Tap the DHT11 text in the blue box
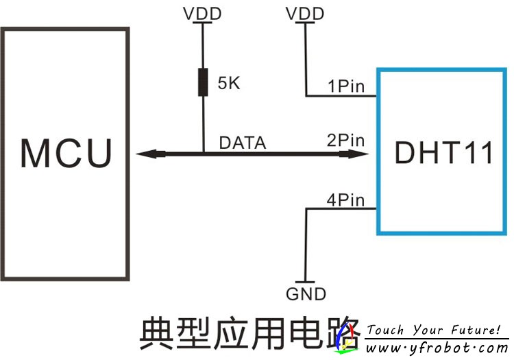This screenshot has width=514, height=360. pyautogui.click(x=443, y=152)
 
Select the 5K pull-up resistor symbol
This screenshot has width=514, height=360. pyautogui.click(x=203, y=82)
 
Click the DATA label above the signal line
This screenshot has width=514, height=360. pyautogui.click(x=242, y=143)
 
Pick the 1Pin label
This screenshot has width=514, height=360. pyautogui.click(x=346, y=86)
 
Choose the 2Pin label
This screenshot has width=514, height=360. pyautogui.click(x=346, y=141)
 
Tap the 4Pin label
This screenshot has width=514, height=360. pyautogui.click(x=346, y=200)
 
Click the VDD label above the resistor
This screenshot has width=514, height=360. pyautogui.click(x=202, y=12)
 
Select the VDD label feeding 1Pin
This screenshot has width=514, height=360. pyautogui.click(x=305, y=12)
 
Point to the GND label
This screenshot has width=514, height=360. pyautogui.click(x=306, y=294)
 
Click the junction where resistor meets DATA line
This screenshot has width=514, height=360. pyautogui.click(x=203, y=154)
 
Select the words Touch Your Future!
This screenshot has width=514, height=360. pyautogui.click(x=433, y=330)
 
